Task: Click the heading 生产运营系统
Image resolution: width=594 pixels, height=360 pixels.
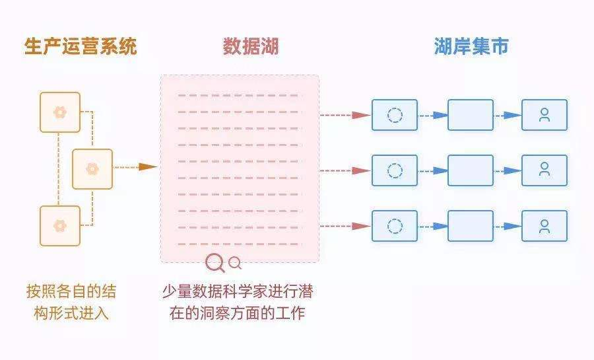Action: [x=81, y=47]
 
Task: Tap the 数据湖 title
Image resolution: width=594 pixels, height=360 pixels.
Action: [x=250, y=46]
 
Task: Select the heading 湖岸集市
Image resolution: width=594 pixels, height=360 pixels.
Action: [x=471, y=46]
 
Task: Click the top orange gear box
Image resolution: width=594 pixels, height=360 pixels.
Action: [x=60, y=112]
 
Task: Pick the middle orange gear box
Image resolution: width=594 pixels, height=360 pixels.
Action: [x=92, y=169]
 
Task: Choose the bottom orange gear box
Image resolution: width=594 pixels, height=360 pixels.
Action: [x=60, y=226]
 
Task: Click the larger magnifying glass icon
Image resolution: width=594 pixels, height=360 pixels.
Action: [x=214, y=263]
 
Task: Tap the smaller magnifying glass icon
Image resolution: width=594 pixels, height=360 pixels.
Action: [x=234, y=264]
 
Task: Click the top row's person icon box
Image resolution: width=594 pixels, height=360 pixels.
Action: [x=544, y=115]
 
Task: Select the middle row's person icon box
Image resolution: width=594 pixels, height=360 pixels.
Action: [x=544, y=170]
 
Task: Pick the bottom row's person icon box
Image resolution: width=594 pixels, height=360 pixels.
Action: [x=544, y=227]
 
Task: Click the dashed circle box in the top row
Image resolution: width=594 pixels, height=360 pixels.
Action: [x=395, y=115]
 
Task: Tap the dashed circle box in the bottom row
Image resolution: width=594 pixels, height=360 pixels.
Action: [x=395, y=227]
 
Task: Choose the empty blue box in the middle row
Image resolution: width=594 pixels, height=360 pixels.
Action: [x=471, y=170]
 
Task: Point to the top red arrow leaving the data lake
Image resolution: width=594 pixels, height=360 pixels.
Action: [x=346, y=115]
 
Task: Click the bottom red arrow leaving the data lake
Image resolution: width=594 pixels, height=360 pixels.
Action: [x=346, y=227]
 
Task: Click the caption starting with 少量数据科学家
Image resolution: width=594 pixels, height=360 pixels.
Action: [x=238, y=302]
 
